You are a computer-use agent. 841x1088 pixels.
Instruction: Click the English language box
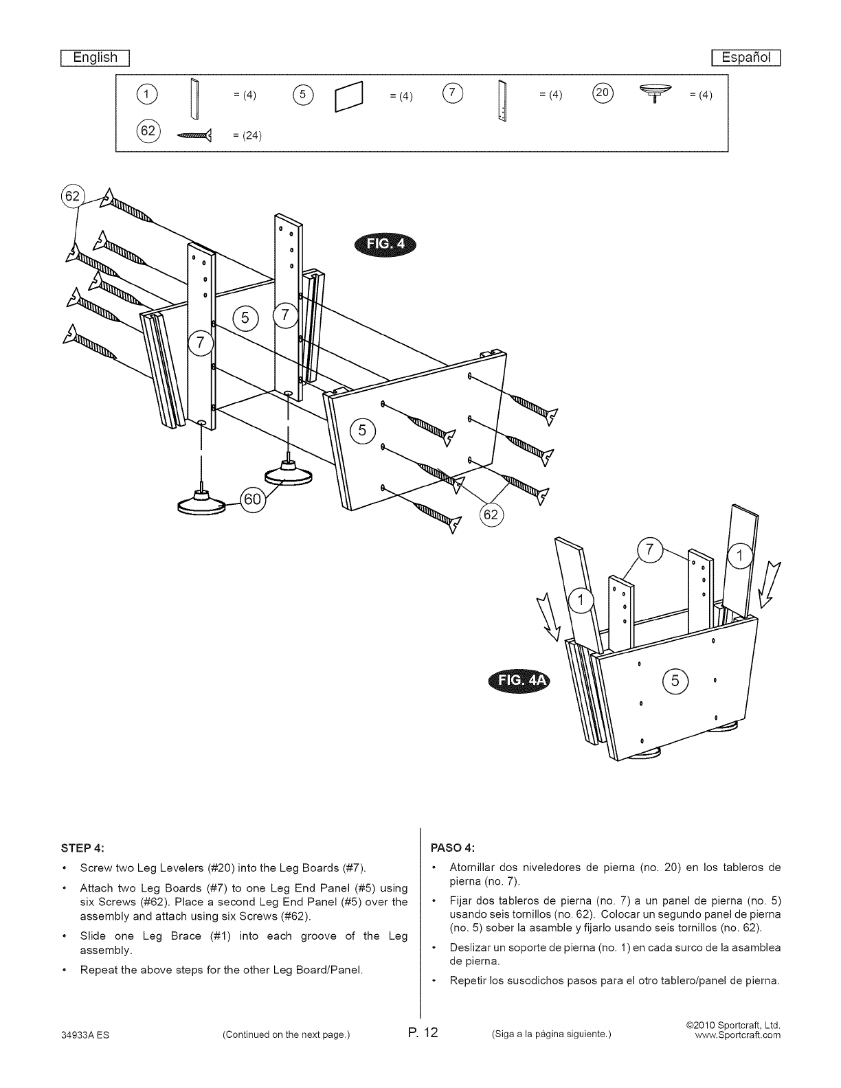[x=96, y=58]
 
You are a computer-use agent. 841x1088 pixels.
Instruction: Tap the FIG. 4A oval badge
[x=517, y=681]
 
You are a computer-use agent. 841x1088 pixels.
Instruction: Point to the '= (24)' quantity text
[x=247, y=135]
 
